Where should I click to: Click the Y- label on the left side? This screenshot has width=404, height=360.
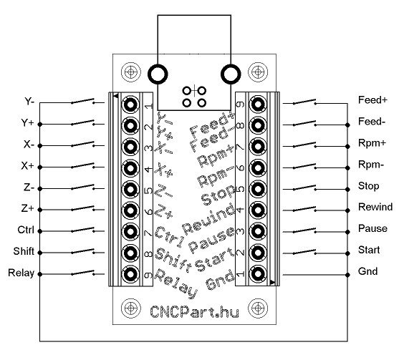(x=29, y=101)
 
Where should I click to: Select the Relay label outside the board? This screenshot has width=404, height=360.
(x=21, y=273)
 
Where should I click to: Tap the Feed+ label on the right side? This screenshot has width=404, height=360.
(x=372, y=100)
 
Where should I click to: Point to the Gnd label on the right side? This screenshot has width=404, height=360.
(x=368, y=271)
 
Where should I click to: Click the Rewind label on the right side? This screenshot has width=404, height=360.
(x=375, y=207)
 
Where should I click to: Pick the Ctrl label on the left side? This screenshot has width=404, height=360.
(x=26, y=230)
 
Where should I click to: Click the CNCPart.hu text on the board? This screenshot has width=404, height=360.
(x=195, y=311)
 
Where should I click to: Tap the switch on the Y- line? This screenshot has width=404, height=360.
(x=82, y=101)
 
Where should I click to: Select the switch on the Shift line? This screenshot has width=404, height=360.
(x=82, y=251)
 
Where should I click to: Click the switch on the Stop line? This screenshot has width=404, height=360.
(x=304, y=188)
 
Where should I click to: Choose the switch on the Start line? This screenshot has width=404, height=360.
(x=304, y=252)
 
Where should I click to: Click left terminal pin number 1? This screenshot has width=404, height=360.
(x=130, y=104)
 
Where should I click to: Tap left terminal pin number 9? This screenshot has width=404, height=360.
(x=130, y=274)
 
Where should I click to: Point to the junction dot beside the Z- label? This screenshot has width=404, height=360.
(x=39, y=189)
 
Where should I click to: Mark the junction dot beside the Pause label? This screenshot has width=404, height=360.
(x=347, y=232)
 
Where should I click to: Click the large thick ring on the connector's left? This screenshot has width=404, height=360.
(x=158, y=74)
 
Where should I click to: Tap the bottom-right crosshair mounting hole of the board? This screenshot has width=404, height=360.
(x=258, y=308)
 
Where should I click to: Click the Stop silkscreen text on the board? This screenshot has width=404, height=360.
(x=218, y=195)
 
